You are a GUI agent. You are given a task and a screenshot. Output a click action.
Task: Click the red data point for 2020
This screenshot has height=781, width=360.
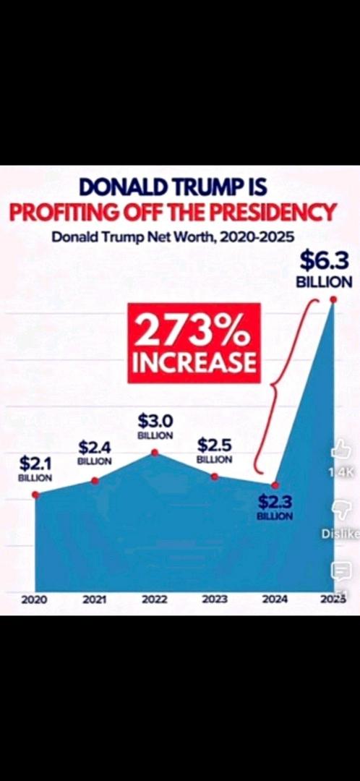coord(35,495)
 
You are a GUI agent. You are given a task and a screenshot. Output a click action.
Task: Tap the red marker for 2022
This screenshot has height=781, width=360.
coord(155,452)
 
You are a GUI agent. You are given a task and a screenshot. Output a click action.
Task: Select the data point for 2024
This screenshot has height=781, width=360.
coord(275,485)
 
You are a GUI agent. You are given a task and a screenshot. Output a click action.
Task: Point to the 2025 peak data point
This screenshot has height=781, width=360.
coord(333,299)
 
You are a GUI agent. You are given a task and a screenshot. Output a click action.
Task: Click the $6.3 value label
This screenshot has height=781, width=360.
coord(324,260)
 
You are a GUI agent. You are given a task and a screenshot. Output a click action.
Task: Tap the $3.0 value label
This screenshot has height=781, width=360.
coord(155,422)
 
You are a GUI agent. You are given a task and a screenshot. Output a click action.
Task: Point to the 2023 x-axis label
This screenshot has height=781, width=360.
coord(215,599)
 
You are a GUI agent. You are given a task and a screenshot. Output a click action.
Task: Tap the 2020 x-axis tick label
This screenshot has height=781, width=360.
coord(35,599)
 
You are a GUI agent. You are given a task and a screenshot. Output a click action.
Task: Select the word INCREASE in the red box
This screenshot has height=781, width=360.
coord(194,363)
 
